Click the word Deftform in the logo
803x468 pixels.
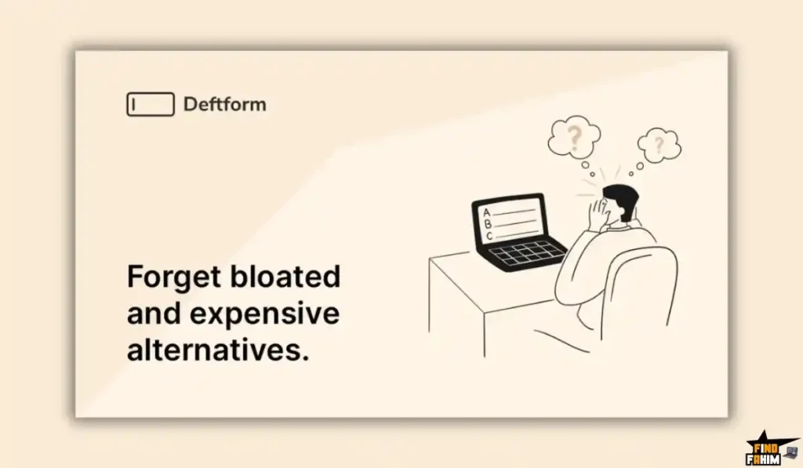[224, 104]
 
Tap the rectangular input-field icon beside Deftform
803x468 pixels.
[150, 104]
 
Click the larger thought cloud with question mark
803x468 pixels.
[574, 136]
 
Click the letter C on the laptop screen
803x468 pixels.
[489, 235]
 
